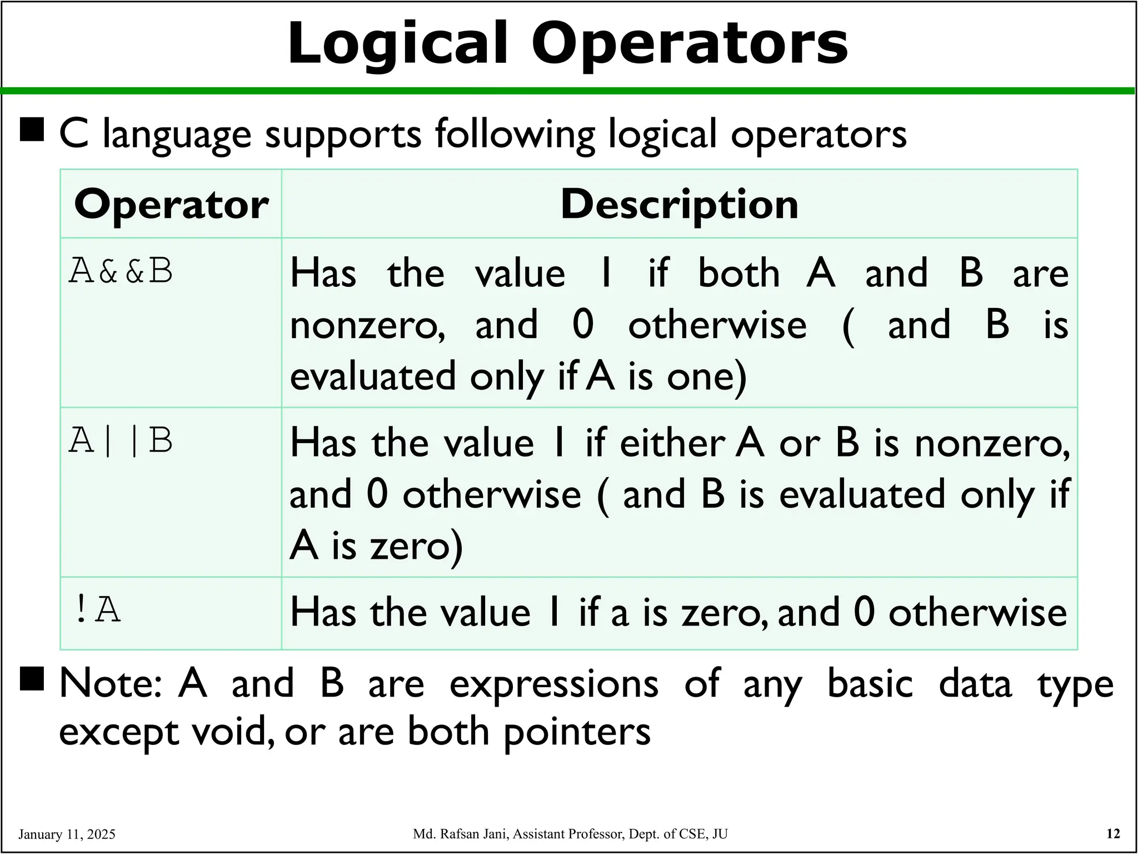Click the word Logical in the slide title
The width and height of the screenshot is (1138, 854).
[x=397, y=43]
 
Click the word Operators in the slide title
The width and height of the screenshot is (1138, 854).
[x=690, y=43]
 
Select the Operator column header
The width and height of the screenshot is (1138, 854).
[x=171, y=205]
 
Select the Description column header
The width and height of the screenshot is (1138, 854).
[x=679, y=204]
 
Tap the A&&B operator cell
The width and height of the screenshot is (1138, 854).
[x=121, y=271]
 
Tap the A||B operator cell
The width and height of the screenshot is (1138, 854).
[x=121, y=440]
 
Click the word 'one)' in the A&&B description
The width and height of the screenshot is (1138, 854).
[x=706, y=376]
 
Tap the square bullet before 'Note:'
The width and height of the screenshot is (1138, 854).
[x=32, y=679]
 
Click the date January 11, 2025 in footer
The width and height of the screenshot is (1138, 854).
[x=67, y=834]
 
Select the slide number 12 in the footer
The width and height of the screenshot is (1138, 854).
[x=1113, y=833]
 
